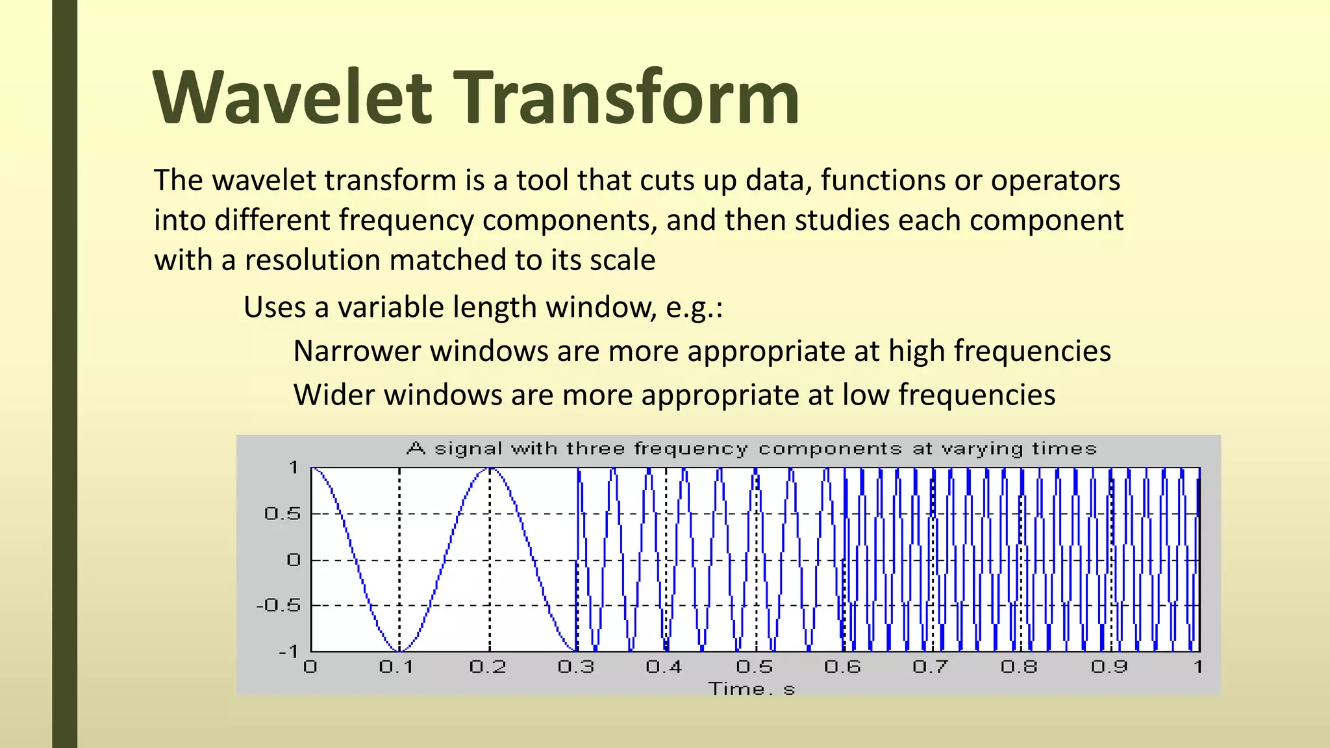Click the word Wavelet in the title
pos(293,99)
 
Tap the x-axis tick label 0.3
pos(576,667)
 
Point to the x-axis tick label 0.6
pos(842,667)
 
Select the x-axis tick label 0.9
pos(1109,667)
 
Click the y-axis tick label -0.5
pos(279,606)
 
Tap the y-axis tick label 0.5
pos(283,514)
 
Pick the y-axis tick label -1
pos(288,651)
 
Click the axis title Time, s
pos(751,689)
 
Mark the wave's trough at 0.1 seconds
pos(399,651)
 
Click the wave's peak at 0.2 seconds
pos(490,469)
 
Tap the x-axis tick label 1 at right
pos(1198,667)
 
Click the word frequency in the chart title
pos(691,449)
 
